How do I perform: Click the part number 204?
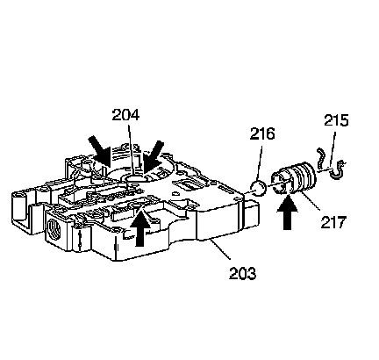click(125, 115)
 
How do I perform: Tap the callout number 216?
click(262, 133)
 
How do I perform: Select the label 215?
click(336, 120)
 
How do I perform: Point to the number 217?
click(333, 222)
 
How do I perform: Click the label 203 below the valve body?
click(242, 273)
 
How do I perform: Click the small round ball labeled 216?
click(258, 188)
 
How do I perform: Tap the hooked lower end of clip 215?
click(338, 169)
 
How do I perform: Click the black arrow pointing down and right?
click(100, 151)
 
